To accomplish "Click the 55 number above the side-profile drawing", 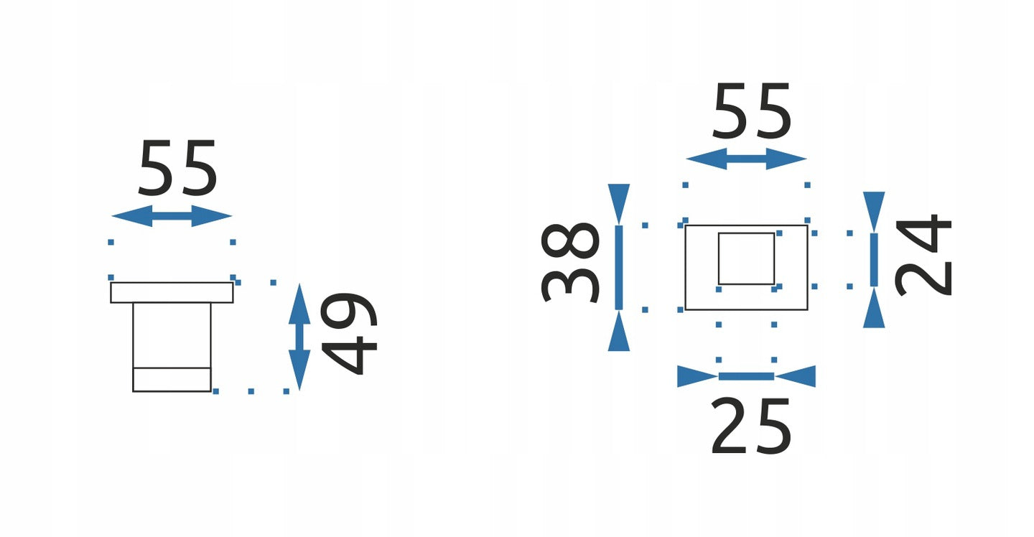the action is [x=178, y=167].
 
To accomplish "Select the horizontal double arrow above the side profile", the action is [x=172, y=216].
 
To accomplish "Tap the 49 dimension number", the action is [x=349, y=334].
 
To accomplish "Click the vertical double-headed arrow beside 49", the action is [x=299, y=337].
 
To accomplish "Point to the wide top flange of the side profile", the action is [x=172, y=292].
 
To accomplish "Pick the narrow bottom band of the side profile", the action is [x=172, y=380].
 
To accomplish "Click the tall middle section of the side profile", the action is [x=172, y=335].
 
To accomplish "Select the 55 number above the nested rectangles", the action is [x=752, y=111].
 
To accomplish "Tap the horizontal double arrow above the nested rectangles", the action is [x=747, y=159].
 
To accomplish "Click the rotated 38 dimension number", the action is [x=570, y=263].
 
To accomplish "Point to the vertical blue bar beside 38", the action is [x=619, y=268].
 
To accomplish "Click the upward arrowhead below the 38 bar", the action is [x=619, y=330].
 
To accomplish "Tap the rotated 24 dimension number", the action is [x=923, y=255].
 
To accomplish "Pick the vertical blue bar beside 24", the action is [x=874, y=260].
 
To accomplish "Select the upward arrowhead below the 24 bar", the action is [x=874, y=307].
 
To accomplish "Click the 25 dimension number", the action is [x=752, y=426].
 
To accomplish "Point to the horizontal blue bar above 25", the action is [x=747, y=376].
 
